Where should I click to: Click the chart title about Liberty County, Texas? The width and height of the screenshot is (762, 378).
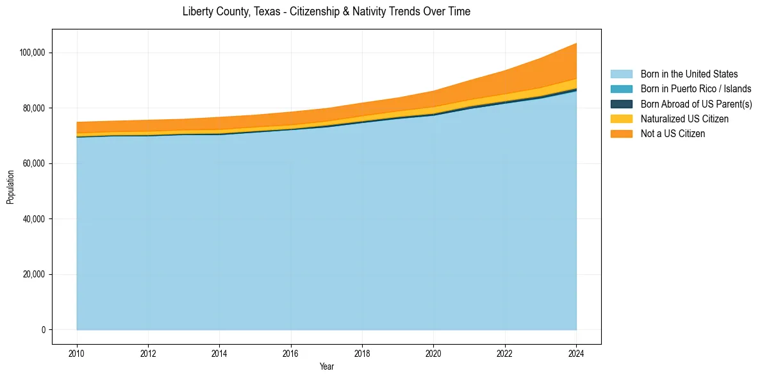click(x=326, y=12)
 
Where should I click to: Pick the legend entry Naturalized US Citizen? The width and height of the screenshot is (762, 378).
click(x=684, y=119)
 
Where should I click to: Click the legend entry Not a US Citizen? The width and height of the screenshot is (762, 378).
click(x=673, y=134)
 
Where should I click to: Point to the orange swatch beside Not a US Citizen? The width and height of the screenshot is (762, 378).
click(x=621, y=134)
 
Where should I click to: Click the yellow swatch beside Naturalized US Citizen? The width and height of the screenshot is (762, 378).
click(x=621, y=119)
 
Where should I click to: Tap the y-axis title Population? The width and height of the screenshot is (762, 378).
click(x=10, y=187)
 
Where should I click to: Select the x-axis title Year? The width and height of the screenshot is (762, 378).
click(x=326, y=367)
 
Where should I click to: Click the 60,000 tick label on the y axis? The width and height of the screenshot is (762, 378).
click(x=33, y=163)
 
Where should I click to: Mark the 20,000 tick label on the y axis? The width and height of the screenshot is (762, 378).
click(x=33, y=275)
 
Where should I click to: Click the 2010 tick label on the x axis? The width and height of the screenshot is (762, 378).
click(x=77, y=352)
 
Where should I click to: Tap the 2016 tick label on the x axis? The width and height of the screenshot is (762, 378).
click(x=291, y=352)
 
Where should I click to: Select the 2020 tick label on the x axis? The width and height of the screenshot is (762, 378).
click(x=434, y=352)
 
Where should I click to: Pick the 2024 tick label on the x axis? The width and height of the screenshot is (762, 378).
click(x=576, y=352)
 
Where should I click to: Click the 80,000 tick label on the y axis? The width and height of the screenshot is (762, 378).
click(x=33, y=108)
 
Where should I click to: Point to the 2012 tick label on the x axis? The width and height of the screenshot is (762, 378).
click(x=148, y=352)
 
